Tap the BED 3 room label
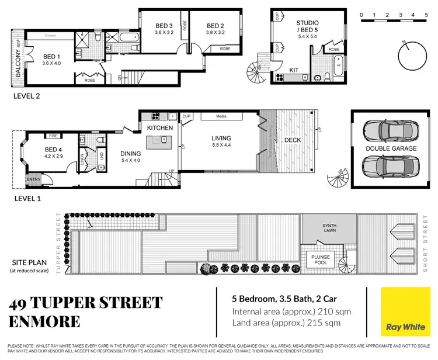pyautogui.click(x=164, y=26)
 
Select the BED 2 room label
pyautogui.click(x=215, y=26)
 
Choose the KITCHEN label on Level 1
pyautogui.click(x=159, y=127)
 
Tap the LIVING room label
pyautogui.click(x=221, y=139)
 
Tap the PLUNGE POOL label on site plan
pyautogui.click(x=320, y=260)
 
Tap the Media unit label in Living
pyautogui.click(x=221, y=117)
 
